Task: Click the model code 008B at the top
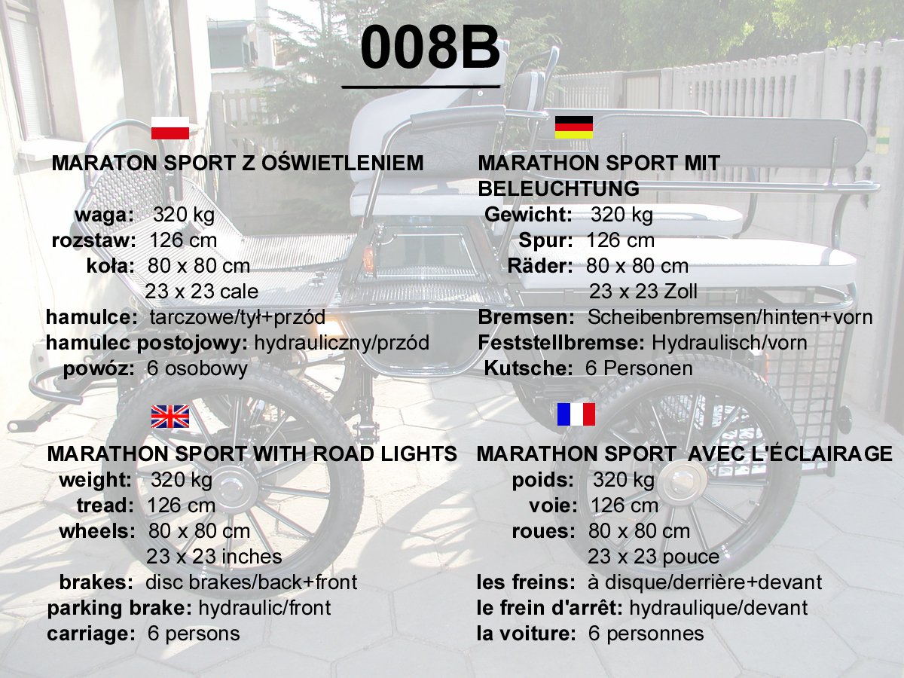(x=430, y=47)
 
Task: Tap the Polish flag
(x=170, y=128)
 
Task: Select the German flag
(x=574, y=127)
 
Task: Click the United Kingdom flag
(x=170, y=416)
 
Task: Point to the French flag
(x=576, y=414)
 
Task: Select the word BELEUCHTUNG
(x=558, y=188)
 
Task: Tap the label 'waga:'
(x=105, y=215)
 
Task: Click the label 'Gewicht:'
(x=528, y=215)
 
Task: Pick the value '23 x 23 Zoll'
(x=643, y=292)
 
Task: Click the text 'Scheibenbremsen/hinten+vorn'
(x=730, y=317)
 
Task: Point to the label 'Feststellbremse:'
(x=561, y=343)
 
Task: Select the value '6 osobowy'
(x=197, y=368)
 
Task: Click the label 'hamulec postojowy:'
(x=147, y=343)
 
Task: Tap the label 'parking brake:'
(x=120, y=608)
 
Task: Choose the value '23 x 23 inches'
(x=214, y=557)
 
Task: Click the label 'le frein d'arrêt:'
(x=550, y=608)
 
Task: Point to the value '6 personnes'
(x=646, y=634)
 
